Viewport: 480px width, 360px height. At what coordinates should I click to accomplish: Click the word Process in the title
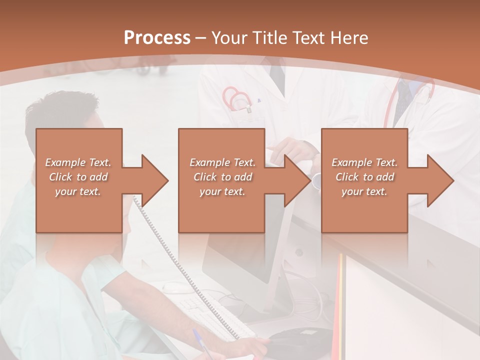coord(157,38)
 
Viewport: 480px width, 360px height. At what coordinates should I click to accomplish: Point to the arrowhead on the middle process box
coord(297,180)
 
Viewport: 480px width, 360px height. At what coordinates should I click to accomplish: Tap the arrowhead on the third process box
coord(440,180)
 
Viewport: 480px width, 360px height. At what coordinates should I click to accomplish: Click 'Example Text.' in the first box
coord(78,162)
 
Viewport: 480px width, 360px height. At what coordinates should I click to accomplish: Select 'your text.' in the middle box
coord(222,191)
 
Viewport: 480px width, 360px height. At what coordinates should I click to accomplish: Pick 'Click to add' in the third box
coord(364,177)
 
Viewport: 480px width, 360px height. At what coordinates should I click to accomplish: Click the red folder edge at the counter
coord(339,300)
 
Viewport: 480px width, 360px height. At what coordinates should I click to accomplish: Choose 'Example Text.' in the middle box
coord(222,162)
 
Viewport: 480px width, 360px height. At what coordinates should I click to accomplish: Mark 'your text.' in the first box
coord(78,191)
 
